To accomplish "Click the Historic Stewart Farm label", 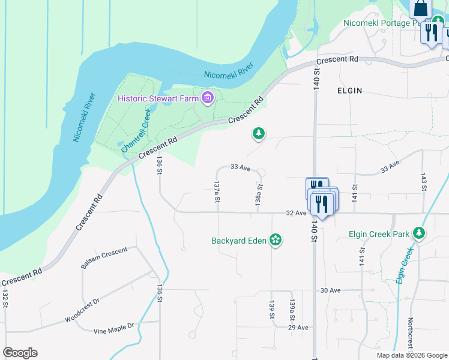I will (x=159, y=98).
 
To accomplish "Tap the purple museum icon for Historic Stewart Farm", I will (x=208, y=98).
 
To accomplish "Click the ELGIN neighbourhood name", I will (x=349, y=91).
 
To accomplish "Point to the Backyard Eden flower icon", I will (x=276, y=241).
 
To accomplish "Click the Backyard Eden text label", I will (x=238, y=241).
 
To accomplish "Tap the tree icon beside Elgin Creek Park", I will (x=418, y=233).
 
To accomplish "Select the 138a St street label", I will (x=259, y=194).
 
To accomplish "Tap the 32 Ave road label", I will (x=297, y=212).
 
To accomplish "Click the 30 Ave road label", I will (x=330, y=290).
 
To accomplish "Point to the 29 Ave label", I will (x=298, y=328).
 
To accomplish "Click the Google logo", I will (x=20, y=352).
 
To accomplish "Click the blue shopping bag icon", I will (x=421, y=8).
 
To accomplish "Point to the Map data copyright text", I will (x=412, y=355).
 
